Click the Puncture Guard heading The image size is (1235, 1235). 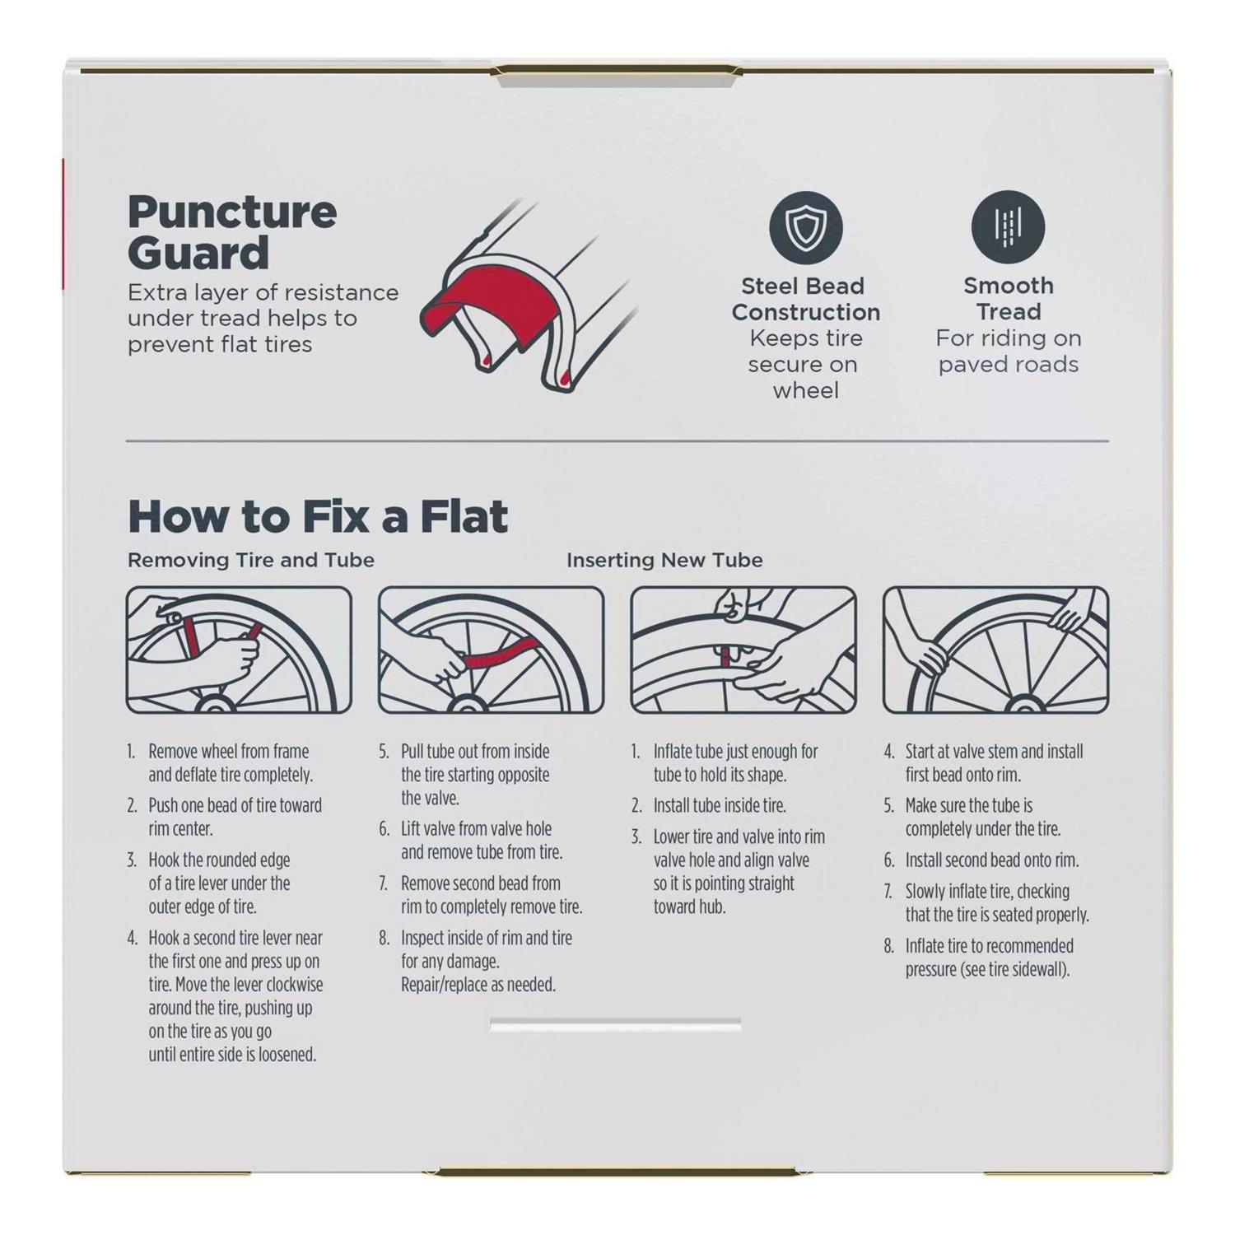pyautogui.click(x=232, y=233)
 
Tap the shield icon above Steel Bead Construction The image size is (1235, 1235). pyautogui.click(x=805, y=228)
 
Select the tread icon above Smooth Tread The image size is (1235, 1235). pyautogui.click(x=1008, y=227)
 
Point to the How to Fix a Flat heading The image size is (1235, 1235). pyautogui.click(x=318, y=517)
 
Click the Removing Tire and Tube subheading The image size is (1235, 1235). pyautogui.click(x=251, y=560)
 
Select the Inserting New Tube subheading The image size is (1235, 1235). pyautogui.click(x=664, y=560)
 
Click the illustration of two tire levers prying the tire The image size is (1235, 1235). pyautogui.click(x=239, y=650)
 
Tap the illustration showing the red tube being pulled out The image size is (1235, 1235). pyautogui.click(x=491, y=650)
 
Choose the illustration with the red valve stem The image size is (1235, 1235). pyautogui.click(x=743, y=650)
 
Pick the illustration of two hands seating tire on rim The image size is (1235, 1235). pyautogui.click(x=995, y=650)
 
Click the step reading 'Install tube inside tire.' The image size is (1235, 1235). pyautogui.click(x=720, y=805)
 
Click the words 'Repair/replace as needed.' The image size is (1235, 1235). pyautogui.click(x=478, y=985)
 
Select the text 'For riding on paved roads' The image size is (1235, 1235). pyautogui.click(x=1009, y=352)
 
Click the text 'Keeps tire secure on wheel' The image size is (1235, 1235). pyautogui.click(x=804, y=365)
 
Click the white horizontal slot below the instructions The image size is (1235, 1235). pyautogui.click(x=616, y=1024)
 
